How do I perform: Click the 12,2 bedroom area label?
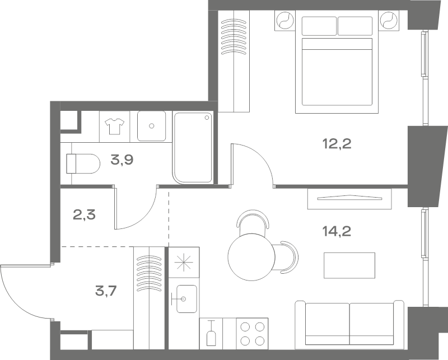(337, 144)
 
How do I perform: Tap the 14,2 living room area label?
(337, 231)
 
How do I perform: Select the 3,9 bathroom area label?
(122, 160)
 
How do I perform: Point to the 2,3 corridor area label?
(85, 214)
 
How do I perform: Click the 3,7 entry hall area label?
(106, 292)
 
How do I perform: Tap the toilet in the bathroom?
(83, 163)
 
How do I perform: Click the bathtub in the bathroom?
(193, 147)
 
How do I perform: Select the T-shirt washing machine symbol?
(115, 127)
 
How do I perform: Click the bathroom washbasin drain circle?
(152, 126)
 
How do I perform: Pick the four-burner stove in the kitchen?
(252, 334)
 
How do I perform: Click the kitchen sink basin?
(186, 299)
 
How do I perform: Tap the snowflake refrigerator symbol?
(184, 262)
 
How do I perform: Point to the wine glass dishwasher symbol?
(211, 333)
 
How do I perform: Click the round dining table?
(251, 256)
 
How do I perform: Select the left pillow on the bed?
(319, 26)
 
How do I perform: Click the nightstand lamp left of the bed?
(285, 20)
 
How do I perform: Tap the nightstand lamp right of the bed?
(389, 20)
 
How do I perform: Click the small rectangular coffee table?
(349, 265)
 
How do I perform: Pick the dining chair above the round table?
(253, 219)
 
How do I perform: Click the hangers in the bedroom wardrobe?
(234, 36)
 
